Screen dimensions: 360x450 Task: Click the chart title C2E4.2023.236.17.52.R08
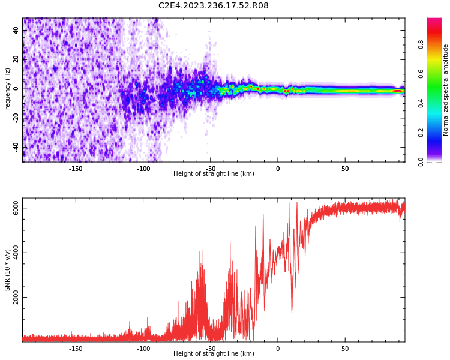click(214, 5)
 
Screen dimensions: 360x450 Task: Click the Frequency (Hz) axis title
click(8, 90)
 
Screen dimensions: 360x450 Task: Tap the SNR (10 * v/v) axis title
click(8, 270)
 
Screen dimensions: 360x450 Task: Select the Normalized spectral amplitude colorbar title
click(446, 90)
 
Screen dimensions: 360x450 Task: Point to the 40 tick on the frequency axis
click(16, 31)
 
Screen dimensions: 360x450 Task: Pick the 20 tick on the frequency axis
click(16, 59)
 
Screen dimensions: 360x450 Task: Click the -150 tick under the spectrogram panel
click(76, 169)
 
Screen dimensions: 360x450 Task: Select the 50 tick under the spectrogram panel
click(345, 169)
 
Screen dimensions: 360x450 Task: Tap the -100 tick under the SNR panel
click(143, 349)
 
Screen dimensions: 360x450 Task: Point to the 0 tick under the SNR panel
click(278, 349)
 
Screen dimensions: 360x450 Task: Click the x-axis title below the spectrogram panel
click(214, 174)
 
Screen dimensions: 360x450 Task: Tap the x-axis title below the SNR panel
click(214, 354)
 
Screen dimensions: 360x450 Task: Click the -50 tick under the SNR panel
click(211, 349)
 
